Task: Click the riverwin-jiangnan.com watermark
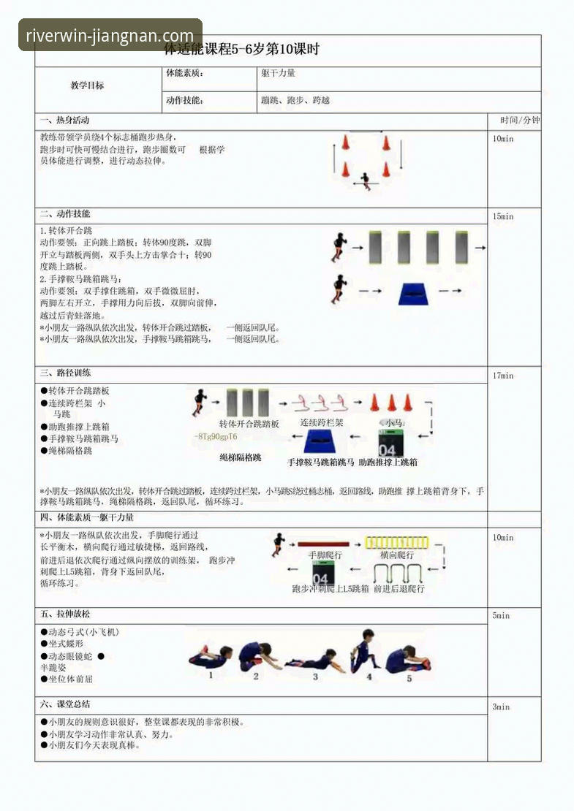point(110,35)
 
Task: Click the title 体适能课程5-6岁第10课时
point(241,50)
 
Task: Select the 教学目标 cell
point(87,85)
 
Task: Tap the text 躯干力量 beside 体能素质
point(278,73)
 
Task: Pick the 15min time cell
point(503,217)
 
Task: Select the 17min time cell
point(503,376)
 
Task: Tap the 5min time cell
point(501,616)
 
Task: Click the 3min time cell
point(501,707)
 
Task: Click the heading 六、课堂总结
point(64,704)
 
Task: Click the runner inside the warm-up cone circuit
point(365,180)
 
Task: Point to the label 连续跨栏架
point(322,423)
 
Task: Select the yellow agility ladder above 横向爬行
point(396,542)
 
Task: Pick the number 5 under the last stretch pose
point(409,679)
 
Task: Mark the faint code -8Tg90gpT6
point(216,437)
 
